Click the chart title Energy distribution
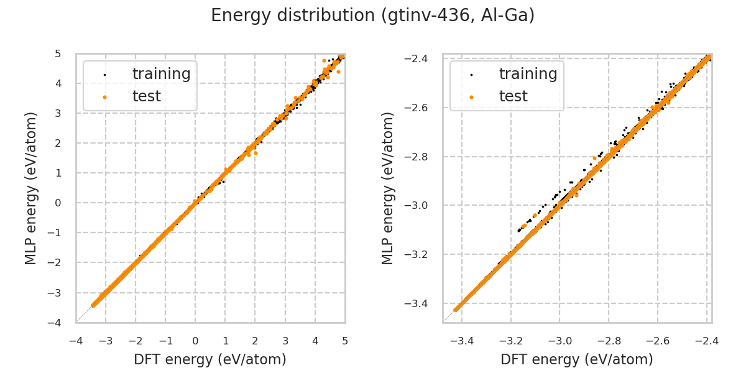pos(372,16)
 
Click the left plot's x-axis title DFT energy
pos(210,359)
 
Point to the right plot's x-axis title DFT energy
pos(577,359)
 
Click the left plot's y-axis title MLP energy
pos(31,188)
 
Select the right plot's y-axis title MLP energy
pos(388,188)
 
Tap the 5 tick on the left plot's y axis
pos(58,53)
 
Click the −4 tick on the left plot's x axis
pos(76,341)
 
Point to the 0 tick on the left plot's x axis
pos(195,341)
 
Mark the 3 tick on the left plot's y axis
pos(58,113)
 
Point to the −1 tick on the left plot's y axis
pos(55,233)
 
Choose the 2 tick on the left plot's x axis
pos(255,341)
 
